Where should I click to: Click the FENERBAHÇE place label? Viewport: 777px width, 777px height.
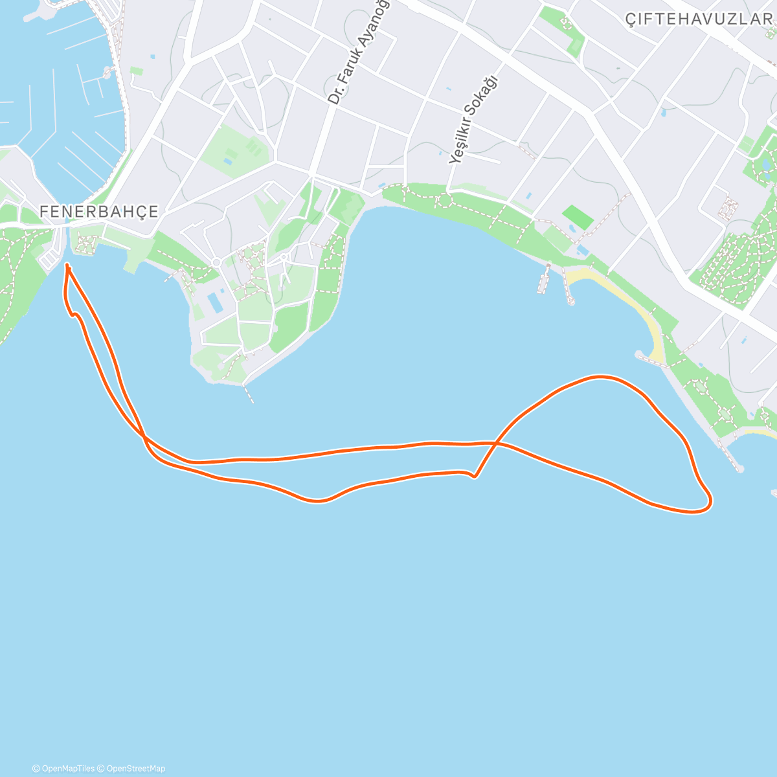point(99,212)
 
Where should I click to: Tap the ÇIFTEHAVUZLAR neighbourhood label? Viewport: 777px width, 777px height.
point(699,19)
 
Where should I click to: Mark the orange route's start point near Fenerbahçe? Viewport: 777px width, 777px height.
point(67,265)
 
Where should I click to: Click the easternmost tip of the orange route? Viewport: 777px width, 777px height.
point(711,501)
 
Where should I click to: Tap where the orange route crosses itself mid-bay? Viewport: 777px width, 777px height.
point(495,444)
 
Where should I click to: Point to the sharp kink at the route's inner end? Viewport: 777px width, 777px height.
point(475,477)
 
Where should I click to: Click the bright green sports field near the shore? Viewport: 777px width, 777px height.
point(577,217)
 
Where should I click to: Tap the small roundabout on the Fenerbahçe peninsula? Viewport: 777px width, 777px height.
point(216,262)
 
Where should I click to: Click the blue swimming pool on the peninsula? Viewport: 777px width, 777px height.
point(214,301)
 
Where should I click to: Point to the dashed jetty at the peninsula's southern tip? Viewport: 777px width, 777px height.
point(249,394)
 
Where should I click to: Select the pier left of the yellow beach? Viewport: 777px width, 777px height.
point(544,278)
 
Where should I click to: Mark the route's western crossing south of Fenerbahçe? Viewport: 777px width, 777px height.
point(143,436)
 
